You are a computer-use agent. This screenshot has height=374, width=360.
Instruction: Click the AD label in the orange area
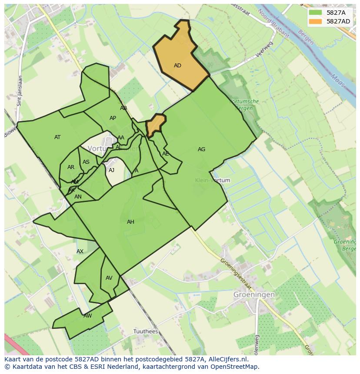click(177, 66)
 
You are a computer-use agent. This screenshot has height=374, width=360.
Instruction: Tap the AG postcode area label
click(201, 149)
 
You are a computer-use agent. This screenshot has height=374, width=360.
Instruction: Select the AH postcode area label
click(130, 222)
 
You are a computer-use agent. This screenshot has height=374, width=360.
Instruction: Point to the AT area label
click(57, 137)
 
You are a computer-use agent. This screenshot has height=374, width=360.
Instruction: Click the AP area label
click(113, 118)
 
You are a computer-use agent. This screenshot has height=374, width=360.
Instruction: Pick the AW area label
click(88, 316)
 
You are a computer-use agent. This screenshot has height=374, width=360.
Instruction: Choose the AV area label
click(109, 278)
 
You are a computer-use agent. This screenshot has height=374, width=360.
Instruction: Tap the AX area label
click(80, 252)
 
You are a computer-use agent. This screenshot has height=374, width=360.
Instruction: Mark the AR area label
click(71, 167)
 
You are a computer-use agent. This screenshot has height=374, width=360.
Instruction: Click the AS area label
click(86, 162)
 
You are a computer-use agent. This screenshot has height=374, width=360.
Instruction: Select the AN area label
click(78, 197)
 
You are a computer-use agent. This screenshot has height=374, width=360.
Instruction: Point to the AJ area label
click(112, 170)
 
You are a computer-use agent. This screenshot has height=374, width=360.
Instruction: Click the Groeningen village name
click(254, 294)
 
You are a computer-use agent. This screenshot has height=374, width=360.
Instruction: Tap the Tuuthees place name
click(146, 331)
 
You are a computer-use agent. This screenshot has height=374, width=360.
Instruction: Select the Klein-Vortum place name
click(213, 180)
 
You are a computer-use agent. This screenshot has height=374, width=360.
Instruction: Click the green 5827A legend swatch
click(315, 13)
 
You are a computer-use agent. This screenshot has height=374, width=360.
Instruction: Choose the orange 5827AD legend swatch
click(315, 21)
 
